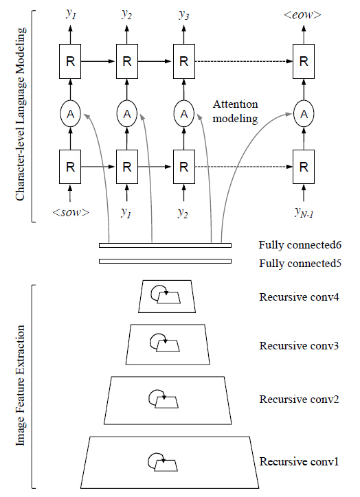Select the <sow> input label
pyautogui.click(x=71, y=212)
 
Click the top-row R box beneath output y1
pyautogui.click(x=71, y=60)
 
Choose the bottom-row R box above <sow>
pyautogui.click(x=71, y=166)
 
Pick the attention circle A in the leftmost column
pyautogui.click(x=71, y=114)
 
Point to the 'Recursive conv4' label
pyautogui.click(x=299, y=297)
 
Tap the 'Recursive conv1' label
pyautogui.click(x=299, y=461)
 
